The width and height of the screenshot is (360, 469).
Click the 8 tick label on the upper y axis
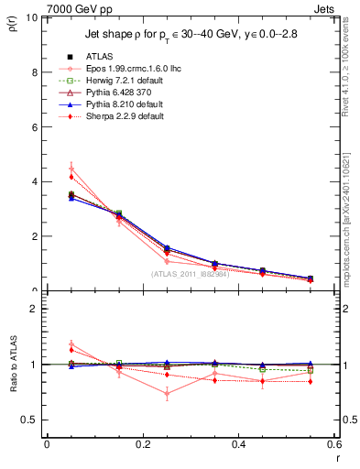(x=34, y=71)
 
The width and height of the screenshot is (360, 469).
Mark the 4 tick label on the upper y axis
(x=34, y=181)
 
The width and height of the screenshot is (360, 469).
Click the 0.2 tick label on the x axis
(x=142, y=444)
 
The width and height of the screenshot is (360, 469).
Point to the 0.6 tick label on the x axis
(x=333, y=444)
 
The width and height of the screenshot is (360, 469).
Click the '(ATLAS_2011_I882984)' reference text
(x=191, y=274)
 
